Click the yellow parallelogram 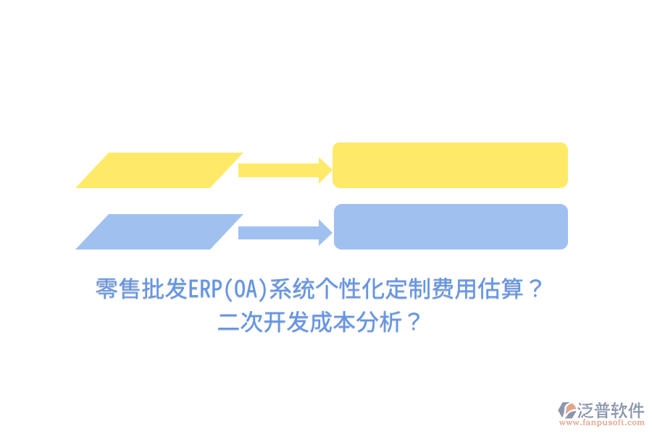click(159, 170)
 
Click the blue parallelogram click(159, 231)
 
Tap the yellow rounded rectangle click(450, 165)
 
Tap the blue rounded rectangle click(450, 226)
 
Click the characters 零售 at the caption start click(118, 290)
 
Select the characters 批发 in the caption click(164, 290)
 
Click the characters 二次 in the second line click(241, 323)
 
